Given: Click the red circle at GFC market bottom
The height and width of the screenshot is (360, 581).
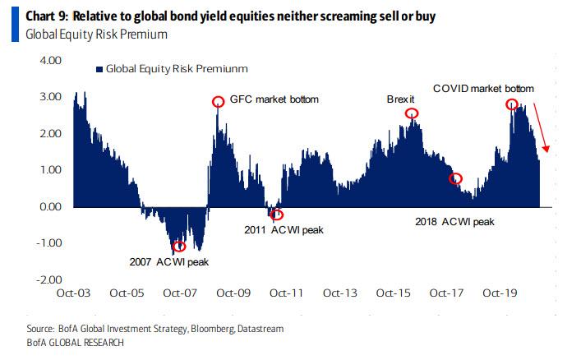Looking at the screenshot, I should [x=218, y=102].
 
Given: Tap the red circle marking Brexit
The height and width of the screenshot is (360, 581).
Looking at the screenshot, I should [x=412, y=113].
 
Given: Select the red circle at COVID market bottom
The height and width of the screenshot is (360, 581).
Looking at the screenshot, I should [x=511, y=104].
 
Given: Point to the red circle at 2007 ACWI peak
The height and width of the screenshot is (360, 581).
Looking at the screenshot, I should [x=178, y=246].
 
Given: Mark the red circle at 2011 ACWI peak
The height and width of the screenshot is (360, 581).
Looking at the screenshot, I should [x=276, y=215].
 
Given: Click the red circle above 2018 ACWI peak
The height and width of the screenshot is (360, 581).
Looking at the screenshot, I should [x=456, y=179].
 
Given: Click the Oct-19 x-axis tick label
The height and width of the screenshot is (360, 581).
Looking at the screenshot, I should [x=499, y=293].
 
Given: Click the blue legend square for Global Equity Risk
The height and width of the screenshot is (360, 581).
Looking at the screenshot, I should [x=99, y=70].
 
